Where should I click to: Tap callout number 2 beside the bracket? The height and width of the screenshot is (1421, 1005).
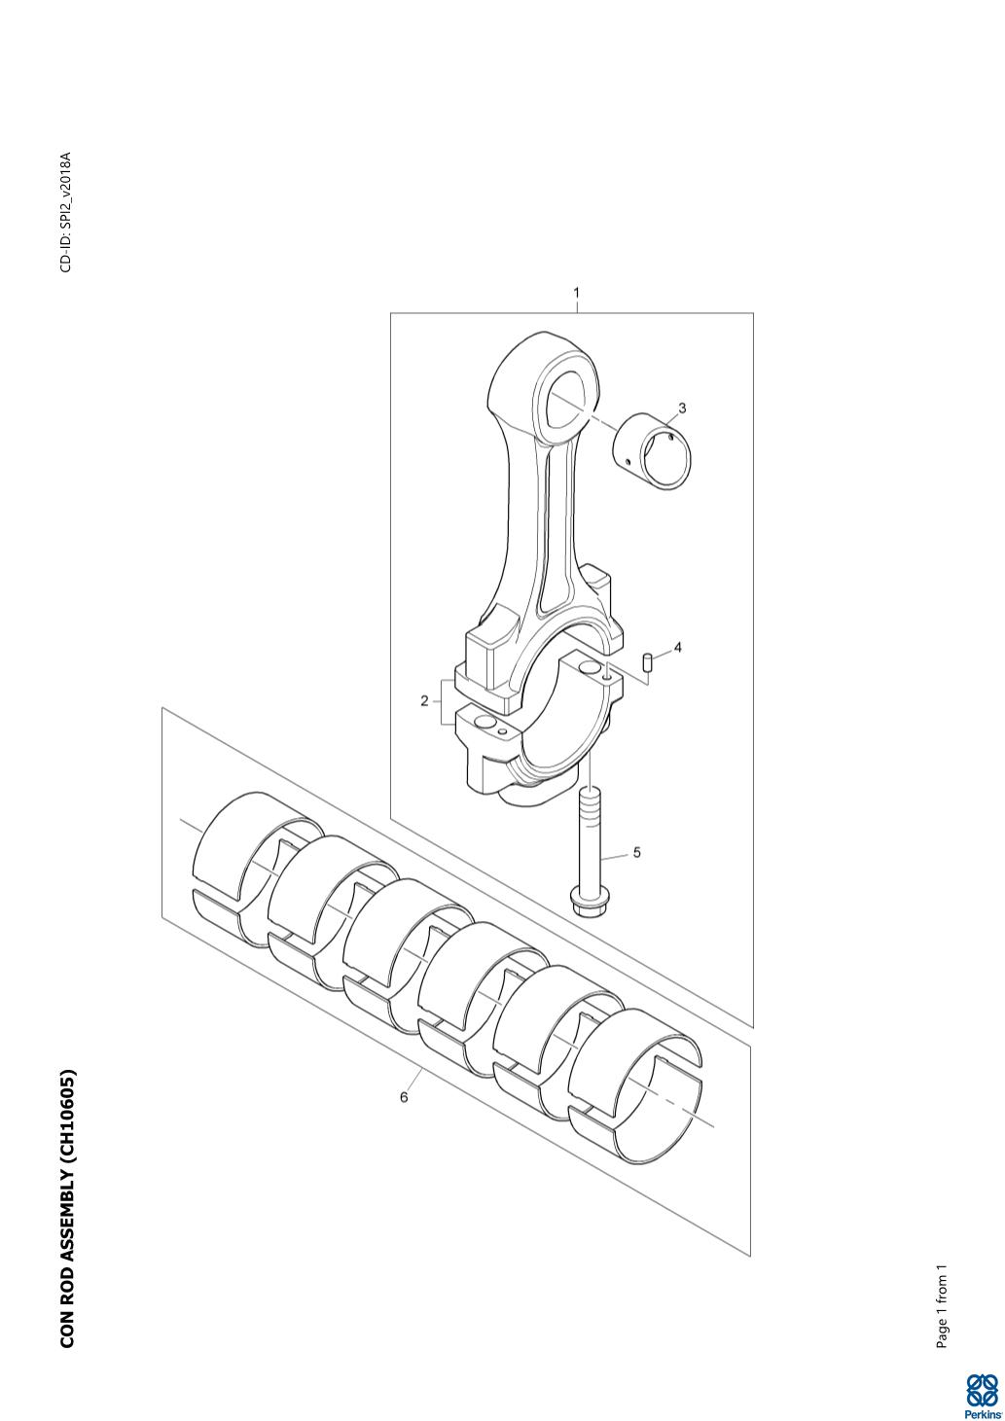click(424, 701)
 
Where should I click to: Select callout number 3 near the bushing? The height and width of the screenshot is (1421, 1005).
click(682, 408)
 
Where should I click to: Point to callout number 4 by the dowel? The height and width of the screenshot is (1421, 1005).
click(677, 648)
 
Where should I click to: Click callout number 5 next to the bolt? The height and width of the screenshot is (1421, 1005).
click(637, 853)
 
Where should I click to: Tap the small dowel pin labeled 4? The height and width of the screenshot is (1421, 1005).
click(648, 661)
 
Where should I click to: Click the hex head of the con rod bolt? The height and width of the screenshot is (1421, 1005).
click(590, 903)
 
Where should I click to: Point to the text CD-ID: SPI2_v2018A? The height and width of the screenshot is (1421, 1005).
click(66, 212)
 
